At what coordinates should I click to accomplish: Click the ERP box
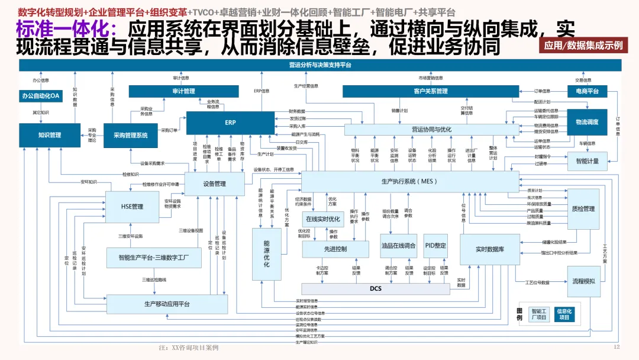point(230,123)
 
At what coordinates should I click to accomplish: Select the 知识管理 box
point(50,135)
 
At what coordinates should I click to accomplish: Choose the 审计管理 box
point(183,91)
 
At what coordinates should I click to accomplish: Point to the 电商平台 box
point(587,91)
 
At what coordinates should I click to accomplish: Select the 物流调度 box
point(587,122)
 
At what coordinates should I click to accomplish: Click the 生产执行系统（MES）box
point(409,181)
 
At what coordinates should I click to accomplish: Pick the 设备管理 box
point(214,184)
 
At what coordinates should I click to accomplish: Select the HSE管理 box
point(132,207)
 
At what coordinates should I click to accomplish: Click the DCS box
point(376,288)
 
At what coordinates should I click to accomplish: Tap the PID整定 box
point(435,246)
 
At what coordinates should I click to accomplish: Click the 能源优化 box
point(266,253)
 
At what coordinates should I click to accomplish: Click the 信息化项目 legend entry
point(566,314)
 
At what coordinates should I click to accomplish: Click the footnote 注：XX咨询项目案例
point(189,348)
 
